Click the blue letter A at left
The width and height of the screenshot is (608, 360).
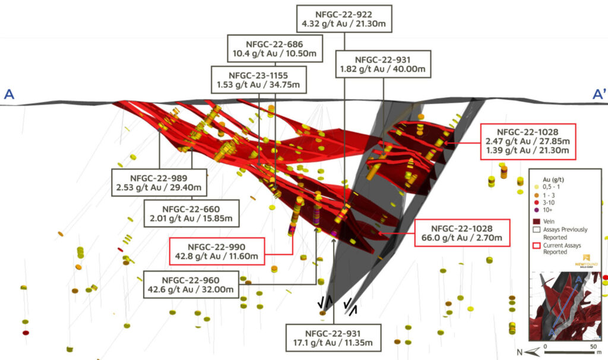pyautogui.click(x=9, y=94)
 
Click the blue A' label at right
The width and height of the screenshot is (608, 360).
pyautogui.click(x=599, y=94)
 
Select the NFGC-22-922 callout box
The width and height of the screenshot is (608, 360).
pyautogui.click(x=344, y=20)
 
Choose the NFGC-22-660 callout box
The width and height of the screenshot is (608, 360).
pyautogui.click(x=191, y=214)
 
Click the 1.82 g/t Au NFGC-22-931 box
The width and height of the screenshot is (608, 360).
pyautogui.click(x=382, y=64)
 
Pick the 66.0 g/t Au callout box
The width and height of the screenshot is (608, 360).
pyautogui.click(x=462, y=233)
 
